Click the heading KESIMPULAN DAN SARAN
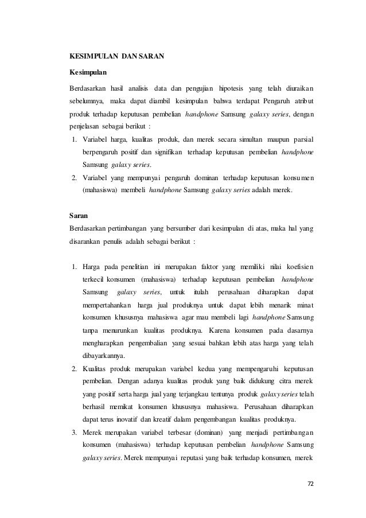point(116,57)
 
